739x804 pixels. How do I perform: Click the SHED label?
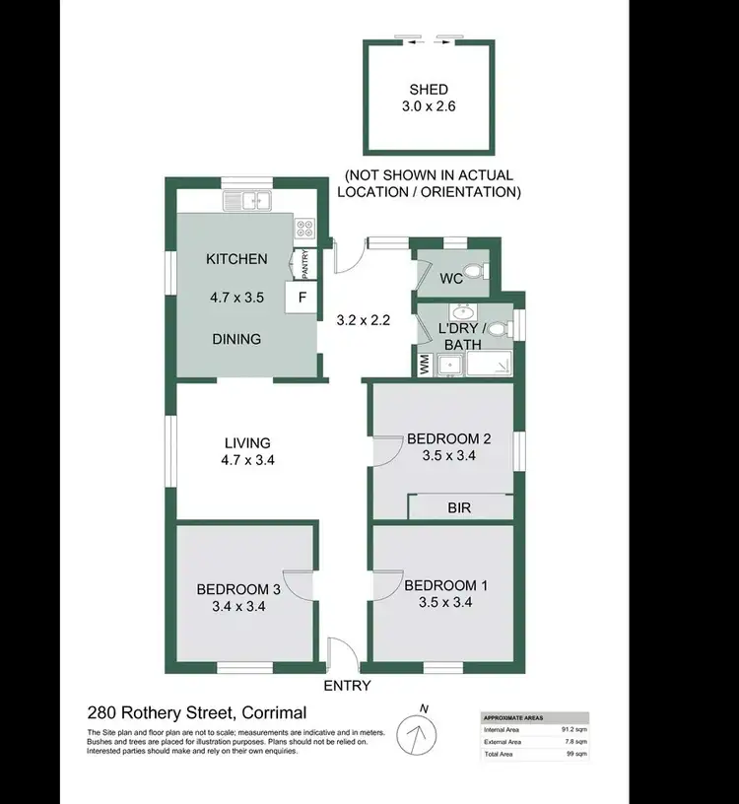(x=429, y=90)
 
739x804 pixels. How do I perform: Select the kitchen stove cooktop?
(x=303, y=229)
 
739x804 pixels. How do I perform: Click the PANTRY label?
(x=304, y=264)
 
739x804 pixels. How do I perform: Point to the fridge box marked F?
(x=302, y=297)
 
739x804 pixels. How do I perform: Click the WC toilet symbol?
(x=474, y=271)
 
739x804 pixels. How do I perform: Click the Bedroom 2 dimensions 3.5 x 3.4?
(x=449, y=455)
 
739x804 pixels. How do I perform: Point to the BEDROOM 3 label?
(x=239, y=589)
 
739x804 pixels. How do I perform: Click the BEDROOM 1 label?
(x=446, y=585)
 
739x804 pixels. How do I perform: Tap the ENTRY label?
(x=347, y=686)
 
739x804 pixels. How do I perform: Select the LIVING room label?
(x=247, y=442)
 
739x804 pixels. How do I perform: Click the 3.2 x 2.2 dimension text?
(x=364, y=319)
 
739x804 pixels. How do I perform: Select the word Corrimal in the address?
(x=267, y=712)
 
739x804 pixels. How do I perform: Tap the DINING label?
(x=236, y=339)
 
